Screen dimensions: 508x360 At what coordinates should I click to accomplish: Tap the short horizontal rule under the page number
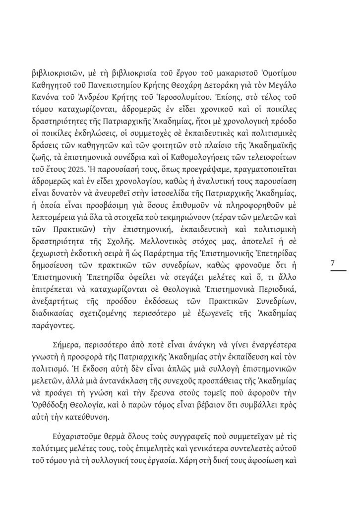tap(338, 271)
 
